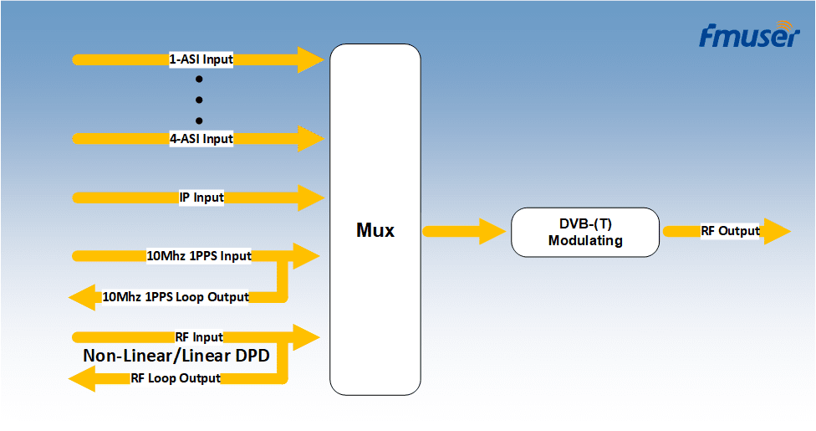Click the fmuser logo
click(x=749, y=35)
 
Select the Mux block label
click(x=375, y=230)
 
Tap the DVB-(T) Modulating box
click(x=585, y=232)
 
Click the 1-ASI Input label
click(x=201, y=59)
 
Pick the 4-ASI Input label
click(x=201, y=139)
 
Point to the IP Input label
click(x=201, y=198)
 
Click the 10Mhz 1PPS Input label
click(x=199, y=256)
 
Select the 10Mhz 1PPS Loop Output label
click(x=176, y=297)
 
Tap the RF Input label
click(x=199, y=337)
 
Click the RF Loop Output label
click(x=176, y=377)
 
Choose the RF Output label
click(x=730, y=231)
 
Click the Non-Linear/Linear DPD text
click(x=176, y=356)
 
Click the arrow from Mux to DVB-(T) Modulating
click(x=464, y=231)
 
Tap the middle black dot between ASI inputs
click(x=199, y=100)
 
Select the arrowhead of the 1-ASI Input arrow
click(x=311, y=59)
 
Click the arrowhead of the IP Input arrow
click(x=311, y=198)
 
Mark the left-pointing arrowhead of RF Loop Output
click(x=82, y=378)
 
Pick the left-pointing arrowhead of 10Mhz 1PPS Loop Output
click(x=82, y=297)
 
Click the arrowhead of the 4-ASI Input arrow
click(x=311, y=139)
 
